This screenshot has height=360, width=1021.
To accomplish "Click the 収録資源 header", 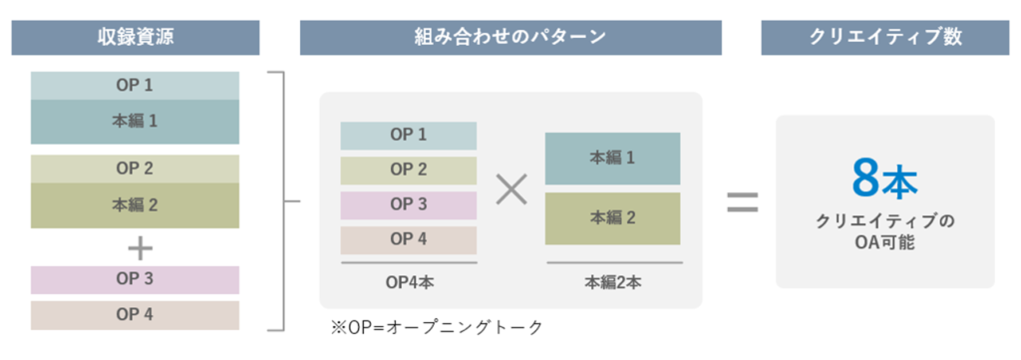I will coord(136,37).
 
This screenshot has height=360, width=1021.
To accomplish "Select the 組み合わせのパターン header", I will coord(510,37).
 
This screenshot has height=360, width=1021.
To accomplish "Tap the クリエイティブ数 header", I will coord(885,37).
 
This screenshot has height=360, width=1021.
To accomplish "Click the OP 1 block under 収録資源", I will coord(135,86).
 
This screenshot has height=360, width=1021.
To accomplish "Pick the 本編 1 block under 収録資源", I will coord(135,122).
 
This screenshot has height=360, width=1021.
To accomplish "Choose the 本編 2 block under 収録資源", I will coord(135,205).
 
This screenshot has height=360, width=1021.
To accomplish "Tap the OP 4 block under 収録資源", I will coord(135,315).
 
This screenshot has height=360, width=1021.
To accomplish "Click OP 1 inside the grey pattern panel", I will coord(408,135).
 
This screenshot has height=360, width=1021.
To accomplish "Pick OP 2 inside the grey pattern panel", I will coord(408,170).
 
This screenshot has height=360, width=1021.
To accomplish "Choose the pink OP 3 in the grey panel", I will coord(408,204).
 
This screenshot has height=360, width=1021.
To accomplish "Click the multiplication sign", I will coord(510,188).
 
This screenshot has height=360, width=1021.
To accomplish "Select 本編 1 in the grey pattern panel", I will coord(612,158).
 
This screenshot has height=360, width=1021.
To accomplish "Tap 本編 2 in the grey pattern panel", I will coord(612,217).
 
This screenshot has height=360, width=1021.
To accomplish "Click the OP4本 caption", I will coord(408,282).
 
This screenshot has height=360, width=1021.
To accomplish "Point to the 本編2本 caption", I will coord(612,282).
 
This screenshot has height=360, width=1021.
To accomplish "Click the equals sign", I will coord(741,202).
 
